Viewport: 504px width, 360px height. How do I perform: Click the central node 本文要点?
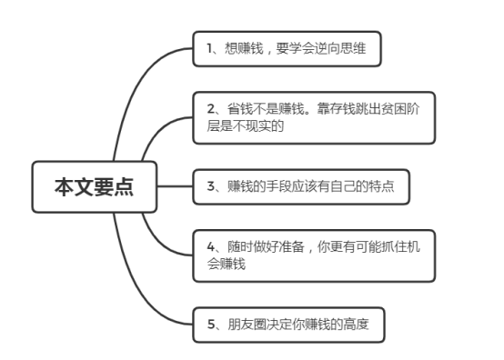94,187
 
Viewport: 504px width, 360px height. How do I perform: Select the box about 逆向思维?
286,49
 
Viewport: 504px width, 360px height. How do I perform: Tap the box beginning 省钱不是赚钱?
314,117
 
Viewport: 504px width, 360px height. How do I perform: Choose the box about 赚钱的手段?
301,186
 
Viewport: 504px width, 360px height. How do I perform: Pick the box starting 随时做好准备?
314,255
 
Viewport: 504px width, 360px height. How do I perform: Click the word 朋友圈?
244,323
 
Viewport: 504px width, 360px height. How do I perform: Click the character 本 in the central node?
63,187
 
